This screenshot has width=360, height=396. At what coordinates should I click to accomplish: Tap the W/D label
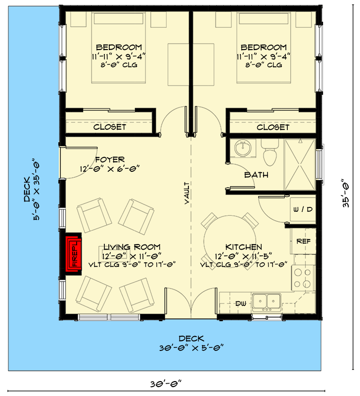[303, 210]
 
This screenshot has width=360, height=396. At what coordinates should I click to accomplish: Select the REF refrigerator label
[303, 241]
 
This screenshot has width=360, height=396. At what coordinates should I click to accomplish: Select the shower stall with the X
[300, 164]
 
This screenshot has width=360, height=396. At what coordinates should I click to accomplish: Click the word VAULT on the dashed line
[187, 193]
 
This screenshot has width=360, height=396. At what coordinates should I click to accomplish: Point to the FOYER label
[110, 160]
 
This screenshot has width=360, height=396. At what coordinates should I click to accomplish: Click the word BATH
[256, 175]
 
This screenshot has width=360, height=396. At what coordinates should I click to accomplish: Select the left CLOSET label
[110, 127]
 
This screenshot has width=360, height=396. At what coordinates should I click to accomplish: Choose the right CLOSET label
[273, 127]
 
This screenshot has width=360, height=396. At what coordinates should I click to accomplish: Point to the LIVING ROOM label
[132, 247]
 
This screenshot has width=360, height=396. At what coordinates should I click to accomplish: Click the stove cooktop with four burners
[303, 278]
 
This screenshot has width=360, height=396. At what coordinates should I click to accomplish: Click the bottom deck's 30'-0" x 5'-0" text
[191, 347]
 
